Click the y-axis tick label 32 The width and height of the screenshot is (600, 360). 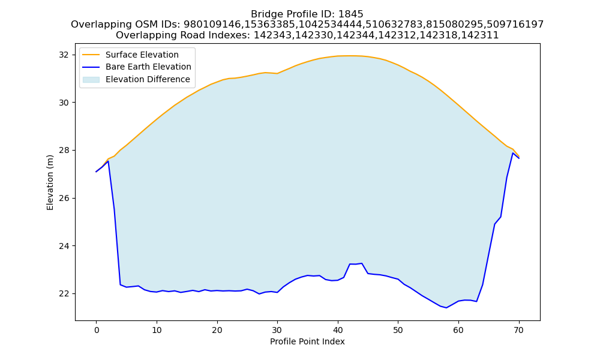point(64,55)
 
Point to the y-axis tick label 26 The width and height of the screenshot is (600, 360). point(64,198)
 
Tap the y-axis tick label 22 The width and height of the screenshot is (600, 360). point(64,294)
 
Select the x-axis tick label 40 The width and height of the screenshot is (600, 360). point(337,330)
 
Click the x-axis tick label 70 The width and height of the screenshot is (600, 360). point(518,330)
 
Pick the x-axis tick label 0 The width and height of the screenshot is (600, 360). point(97,330)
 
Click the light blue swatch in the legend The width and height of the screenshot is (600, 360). point(91,80)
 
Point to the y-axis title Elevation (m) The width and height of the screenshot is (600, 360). point(50,182)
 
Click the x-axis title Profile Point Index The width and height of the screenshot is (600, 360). point(307,341)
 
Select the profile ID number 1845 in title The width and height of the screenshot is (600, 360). point(350,14)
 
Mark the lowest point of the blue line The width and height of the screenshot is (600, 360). point(446,308)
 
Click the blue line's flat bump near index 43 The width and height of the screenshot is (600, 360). point(355,264)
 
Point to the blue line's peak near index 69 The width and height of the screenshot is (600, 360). point(513,153)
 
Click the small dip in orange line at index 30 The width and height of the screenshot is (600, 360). point(277,73)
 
